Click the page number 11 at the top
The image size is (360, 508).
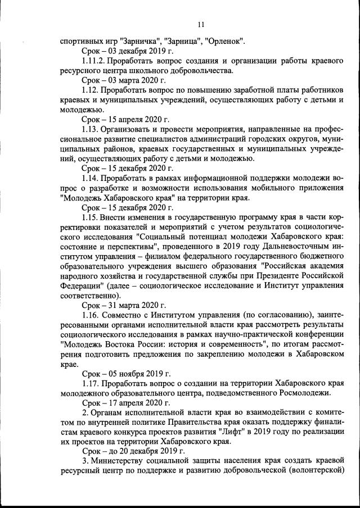click(201, 24)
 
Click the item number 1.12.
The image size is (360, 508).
click(90, 90)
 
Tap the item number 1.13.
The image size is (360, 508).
click(90, 129)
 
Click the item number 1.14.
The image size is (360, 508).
click(90, 177)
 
